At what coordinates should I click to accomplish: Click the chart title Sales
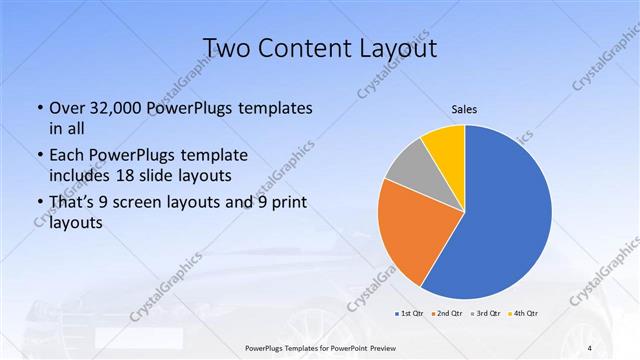(465, 109)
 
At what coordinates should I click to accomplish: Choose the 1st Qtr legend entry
(411, 314)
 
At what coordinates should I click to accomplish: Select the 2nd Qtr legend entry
(449, 314)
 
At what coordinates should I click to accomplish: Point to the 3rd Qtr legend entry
(487, 314)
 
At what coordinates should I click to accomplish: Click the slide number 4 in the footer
(590, 347)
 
